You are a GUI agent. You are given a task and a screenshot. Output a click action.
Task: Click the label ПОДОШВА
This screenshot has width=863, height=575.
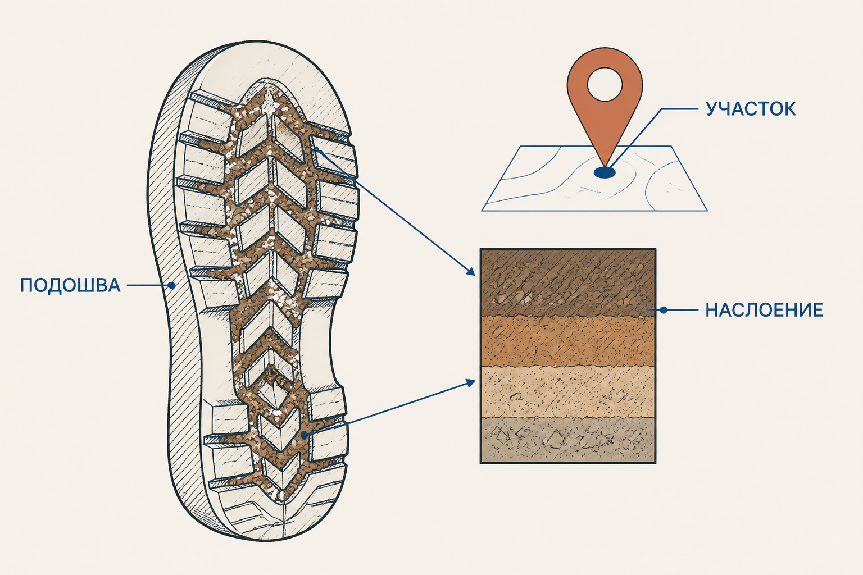(70, 285)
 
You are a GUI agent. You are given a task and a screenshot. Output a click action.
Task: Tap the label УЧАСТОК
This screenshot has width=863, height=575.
(751, 109)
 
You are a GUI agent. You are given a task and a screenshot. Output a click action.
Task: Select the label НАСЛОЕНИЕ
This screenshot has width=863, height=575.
(764, 310)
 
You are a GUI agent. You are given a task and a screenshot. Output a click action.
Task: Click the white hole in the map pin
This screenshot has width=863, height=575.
(605, 84)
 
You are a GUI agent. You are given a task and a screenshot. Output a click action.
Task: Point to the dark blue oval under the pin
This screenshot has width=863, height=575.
(605, 172)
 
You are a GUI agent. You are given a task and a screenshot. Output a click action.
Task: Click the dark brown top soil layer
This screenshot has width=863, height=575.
(567, 282)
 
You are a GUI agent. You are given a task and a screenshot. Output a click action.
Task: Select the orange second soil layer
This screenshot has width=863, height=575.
(567, 341)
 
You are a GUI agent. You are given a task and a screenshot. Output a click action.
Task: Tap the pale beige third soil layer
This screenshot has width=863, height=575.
(567, 392)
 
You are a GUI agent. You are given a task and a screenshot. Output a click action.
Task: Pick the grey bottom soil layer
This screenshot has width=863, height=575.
(567, 440)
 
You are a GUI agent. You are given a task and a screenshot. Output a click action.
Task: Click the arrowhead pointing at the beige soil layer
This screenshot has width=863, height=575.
(471, 382)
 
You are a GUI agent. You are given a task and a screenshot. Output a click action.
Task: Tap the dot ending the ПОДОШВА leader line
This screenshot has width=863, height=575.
(172, 285)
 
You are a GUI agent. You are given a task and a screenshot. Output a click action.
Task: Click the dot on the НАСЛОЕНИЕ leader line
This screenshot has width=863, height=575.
(664, 310)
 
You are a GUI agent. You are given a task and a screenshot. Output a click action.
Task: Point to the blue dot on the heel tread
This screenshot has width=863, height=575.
(305, 435)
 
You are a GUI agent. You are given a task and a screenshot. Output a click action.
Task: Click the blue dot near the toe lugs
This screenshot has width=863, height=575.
(316, 149)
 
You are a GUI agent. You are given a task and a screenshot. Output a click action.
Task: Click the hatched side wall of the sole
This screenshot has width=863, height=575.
(170, 270)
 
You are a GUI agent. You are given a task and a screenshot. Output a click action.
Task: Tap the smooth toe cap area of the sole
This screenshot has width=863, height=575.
(270, 66)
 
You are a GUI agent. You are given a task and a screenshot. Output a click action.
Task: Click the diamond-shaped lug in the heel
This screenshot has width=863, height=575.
(276, 389)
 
